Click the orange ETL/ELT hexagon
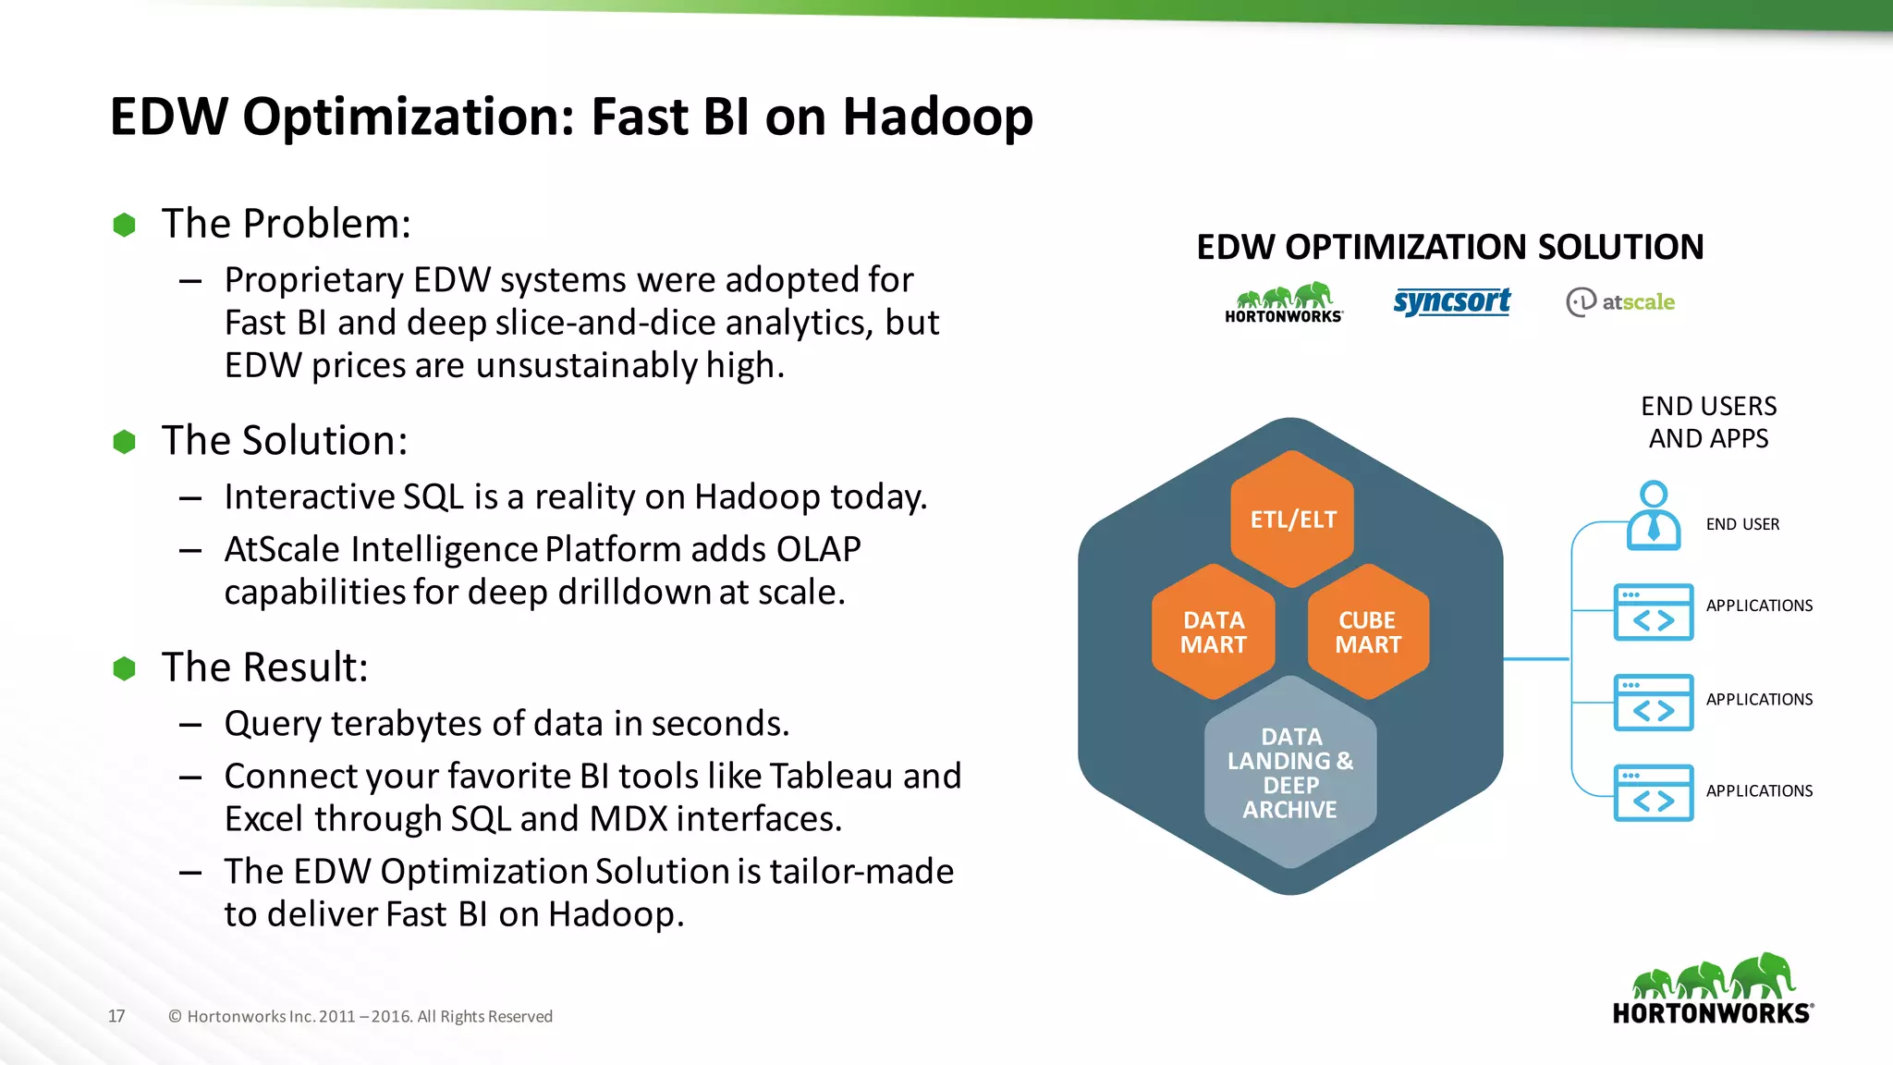click(x=1292, y=519)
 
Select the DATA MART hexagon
click(x=1214, y=632)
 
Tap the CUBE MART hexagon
click(x=1368, y=632)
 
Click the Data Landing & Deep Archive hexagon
click(x=1290, y=773)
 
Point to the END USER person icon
click(x=1653, y=516)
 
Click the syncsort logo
click(x=1451, y=301)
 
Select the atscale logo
click(x=1620, y=301)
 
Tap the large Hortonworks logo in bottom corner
click(x=1713, y=989)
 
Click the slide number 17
click(x=116, y=1016)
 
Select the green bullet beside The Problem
click(x=124, y=225)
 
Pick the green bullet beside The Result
click(x=124, y=668)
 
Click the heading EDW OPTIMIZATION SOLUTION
click(x=1449, y=247)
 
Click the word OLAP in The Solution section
click(x=818, y=549)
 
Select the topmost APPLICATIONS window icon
click(x=1653, y=612)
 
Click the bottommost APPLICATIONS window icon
click(x=1653, y=793)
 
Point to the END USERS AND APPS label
click(x=1708, y=422)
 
